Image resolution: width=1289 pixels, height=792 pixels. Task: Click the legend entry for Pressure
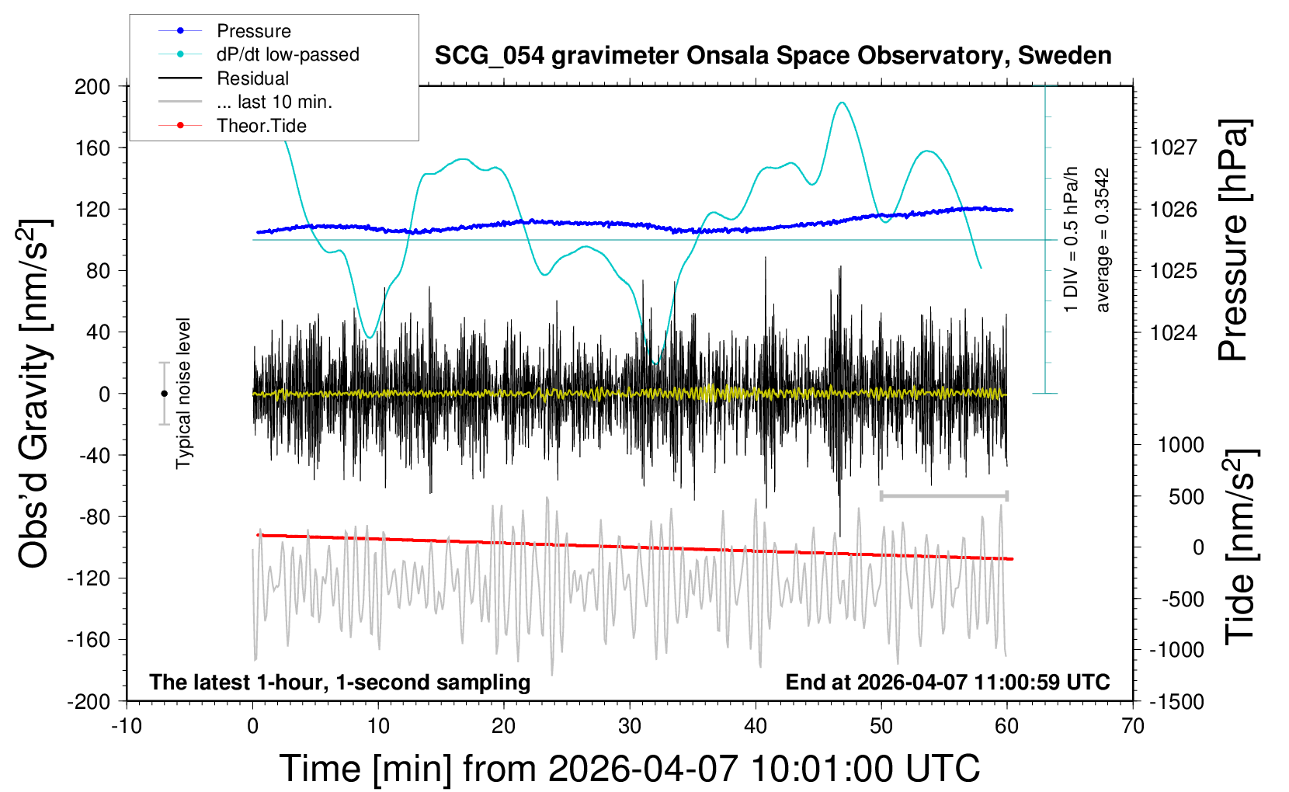point(253,31)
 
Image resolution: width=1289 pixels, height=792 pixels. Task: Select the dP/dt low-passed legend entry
point(287,54)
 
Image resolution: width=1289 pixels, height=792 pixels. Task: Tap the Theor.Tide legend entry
point(261,126)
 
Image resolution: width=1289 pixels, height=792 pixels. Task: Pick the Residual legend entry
point(252,78)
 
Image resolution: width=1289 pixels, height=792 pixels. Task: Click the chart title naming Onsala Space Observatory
point(773,56)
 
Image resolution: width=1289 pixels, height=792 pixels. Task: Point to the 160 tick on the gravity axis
point(92,148)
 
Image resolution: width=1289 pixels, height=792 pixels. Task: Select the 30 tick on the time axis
point(630,726)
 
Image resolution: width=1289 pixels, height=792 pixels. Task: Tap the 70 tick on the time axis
point(1133,726)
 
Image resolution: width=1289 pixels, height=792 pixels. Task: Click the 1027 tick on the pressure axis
point(1173,148)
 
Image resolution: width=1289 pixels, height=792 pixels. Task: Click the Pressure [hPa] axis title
point(1233,241)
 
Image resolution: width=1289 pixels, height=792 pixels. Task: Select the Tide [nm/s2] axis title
point(1239,547)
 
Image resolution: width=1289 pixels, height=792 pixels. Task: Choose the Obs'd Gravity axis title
point(35,394)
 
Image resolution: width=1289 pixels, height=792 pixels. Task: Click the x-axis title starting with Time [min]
point(629,769)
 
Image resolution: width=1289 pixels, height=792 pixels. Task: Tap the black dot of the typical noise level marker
point(164,394)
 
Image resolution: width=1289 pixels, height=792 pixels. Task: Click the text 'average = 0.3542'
point(1103,241)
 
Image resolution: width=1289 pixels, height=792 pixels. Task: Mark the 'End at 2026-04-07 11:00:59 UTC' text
point(947,682)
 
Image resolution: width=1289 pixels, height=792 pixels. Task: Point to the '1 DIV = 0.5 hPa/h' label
point(1072,239)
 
